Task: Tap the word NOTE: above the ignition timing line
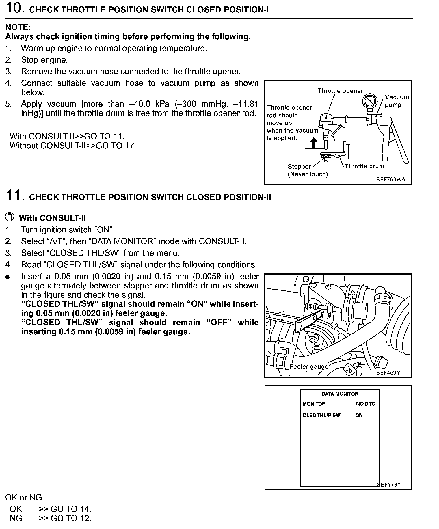click(18, 27)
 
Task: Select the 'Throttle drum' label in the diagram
click(364, 166)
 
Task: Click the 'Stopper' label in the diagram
click(299, 166)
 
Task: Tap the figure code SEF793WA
click(390, 179)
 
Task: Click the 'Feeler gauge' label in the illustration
click(309, 367)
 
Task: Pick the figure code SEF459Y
click(388, 372)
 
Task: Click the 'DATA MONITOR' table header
click(340, 394)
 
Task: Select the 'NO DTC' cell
click(365, 404)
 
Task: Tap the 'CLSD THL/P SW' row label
click(321, 415)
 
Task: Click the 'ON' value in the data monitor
click(359, 415)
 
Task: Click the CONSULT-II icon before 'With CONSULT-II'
click(10, 217)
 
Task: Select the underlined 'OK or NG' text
click(24, 498)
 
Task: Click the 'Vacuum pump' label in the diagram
click(397, 101)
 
